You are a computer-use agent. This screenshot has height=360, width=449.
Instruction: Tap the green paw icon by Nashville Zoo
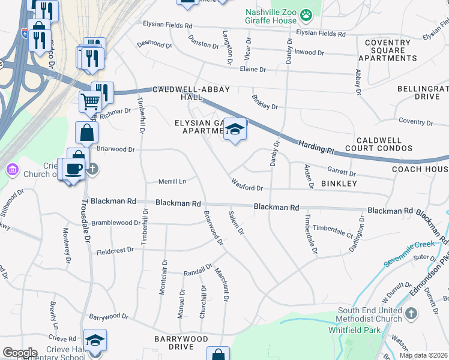[306, 13]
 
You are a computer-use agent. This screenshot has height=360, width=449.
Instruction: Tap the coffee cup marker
[74, 169]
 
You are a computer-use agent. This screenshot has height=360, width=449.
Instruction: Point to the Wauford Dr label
[247, 188]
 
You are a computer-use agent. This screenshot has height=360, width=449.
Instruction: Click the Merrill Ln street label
[172, 181]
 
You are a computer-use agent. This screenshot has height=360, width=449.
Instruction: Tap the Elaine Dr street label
[253, 70]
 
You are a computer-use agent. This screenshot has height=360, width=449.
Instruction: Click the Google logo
[20, 353]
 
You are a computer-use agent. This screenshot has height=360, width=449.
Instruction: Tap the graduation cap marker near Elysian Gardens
[235, 130]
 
